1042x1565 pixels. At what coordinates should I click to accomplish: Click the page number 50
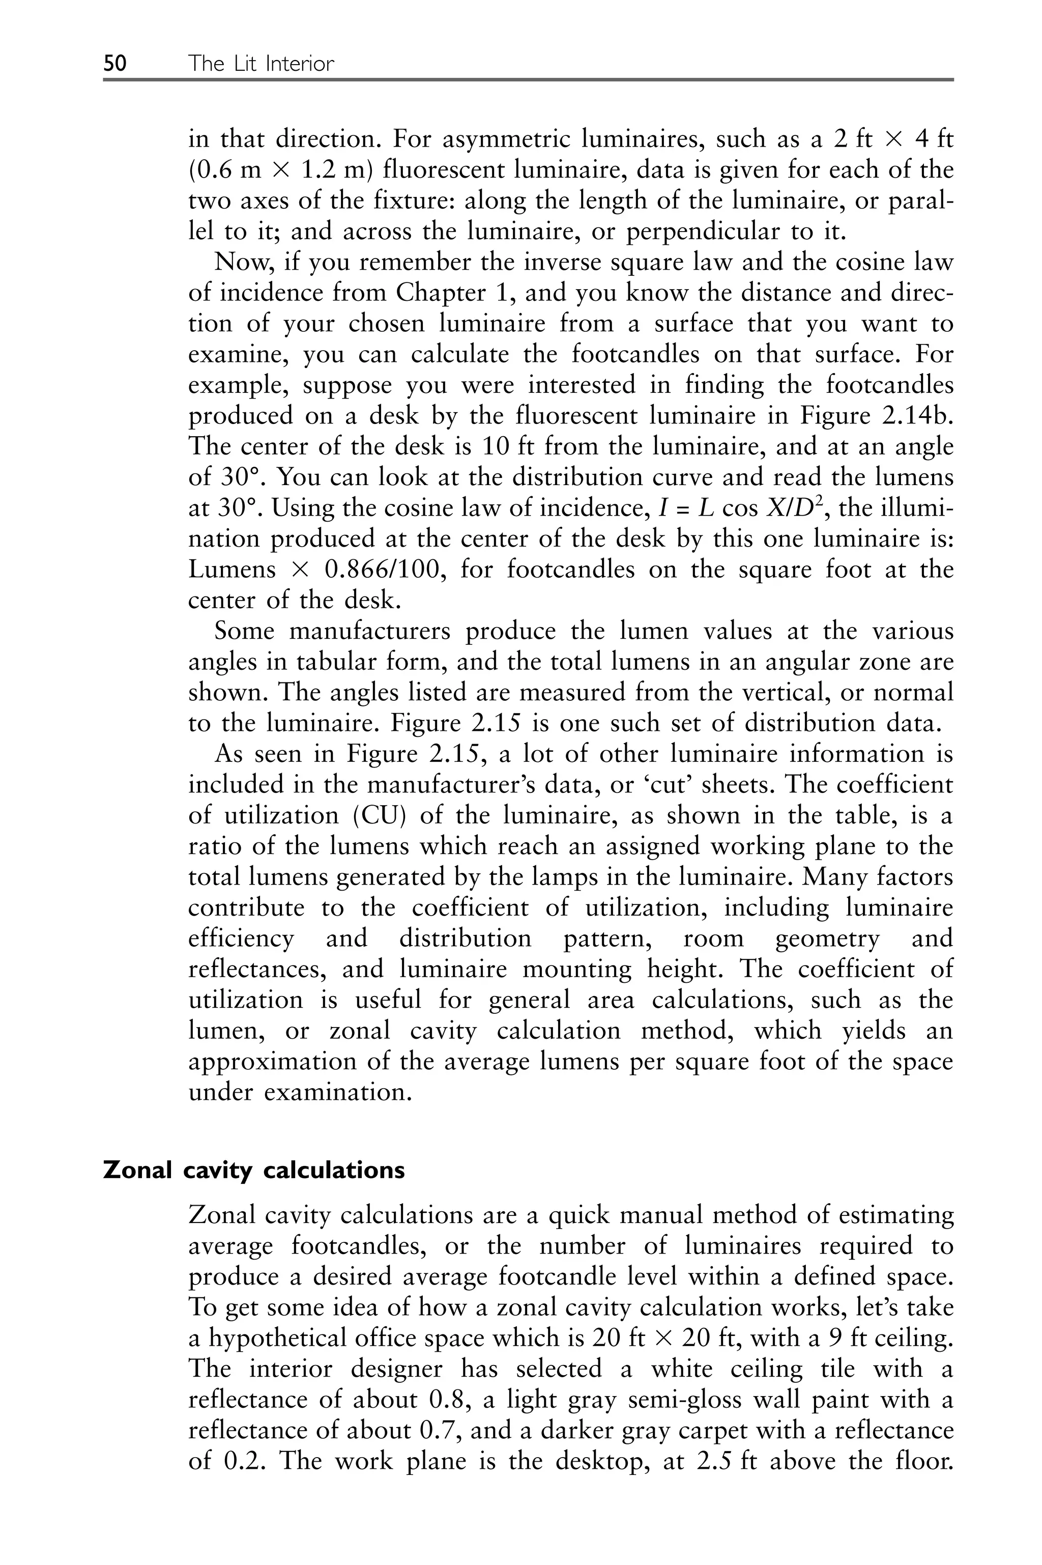click(x=114, y=64)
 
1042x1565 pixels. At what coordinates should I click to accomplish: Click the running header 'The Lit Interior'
click(x=260, y=64)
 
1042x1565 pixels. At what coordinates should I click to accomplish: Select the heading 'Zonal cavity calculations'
click(x=254, y=1170)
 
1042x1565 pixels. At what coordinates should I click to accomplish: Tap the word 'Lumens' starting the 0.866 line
click(x=232, y=570)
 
